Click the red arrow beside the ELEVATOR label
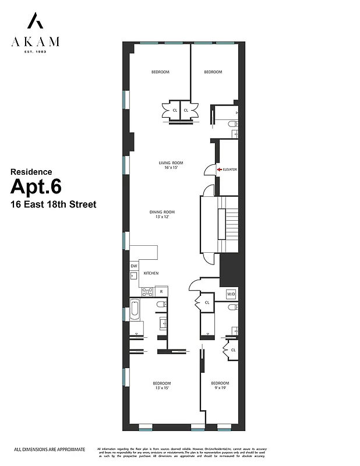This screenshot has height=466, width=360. coord(219,170)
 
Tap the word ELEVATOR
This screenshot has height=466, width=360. coord(230,170)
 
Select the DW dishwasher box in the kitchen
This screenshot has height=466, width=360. coord(133,266)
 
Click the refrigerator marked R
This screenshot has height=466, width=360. coord(161,291)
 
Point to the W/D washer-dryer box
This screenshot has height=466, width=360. coord(231,293)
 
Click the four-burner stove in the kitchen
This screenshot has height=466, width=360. coord(147,291)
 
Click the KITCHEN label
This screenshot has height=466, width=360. coord(152,273)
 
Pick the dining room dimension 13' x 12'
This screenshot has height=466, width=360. coord(164,217)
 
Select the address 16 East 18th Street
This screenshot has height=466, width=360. coord(52,204)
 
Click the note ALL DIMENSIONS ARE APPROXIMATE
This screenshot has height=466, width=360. coord(50,449)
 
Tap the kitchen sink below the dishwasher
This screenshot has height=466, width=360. coord(133,277)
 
